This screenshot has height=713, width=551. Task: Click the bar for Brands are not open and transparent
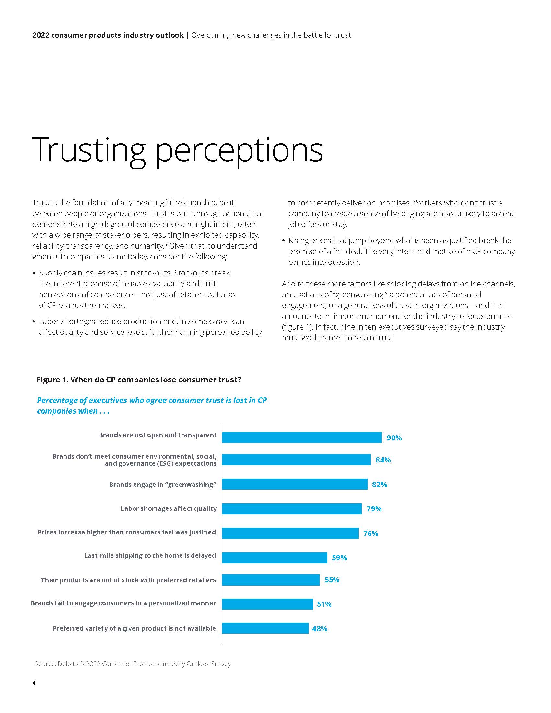(301, 438)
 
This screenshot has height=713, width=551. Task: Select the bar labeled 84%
(296, 460)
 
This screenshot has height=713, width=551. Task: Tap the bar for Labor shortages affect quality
(291, 508)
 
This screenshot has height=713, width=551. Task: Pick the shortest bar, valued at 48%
(265, 628)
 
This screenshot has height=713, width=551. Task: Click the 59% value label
(339, 558)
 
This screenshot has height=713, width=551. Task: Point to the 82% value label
(379, 485)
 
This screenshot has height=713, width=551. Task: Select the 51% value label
(324, 604)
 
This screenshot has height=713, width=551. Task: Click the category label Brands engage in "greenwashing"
(163, 485)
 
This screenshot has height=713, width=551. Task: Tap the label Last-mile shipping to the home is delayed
(150, 555)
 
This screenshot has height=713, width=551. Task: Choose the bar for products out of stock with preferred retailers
(270, 580)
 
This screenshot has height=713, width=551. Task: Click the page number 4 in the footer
(34, 683)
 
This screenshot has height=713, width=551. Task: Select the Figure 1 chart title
(138, 380)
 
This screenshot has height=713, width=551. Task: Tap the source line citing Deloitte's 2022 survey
(133, 664)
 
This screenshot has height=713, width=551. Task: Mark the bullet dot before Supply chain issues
(34, 273)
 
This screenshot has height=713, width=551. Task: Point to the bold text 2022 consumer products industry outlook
(108, 35)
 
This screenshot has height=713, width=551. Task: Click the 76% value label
(370, 533)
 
